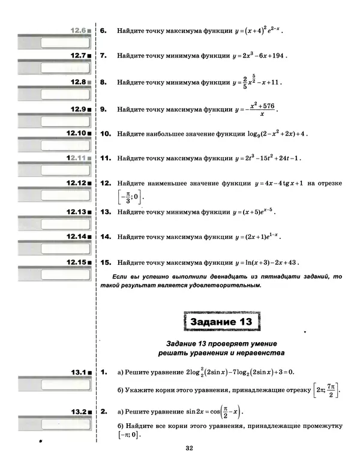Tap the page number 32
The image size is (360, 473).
189,448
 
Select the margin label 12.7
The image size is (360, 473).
78,55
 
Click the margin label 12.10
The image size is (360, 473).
77,132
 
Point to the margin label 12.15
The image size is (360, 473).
77,262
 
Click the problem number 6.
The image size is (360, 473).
103,29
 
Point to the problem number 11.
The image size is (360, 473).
104,158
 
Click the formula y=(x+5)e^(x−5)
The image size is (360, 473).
254,212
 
